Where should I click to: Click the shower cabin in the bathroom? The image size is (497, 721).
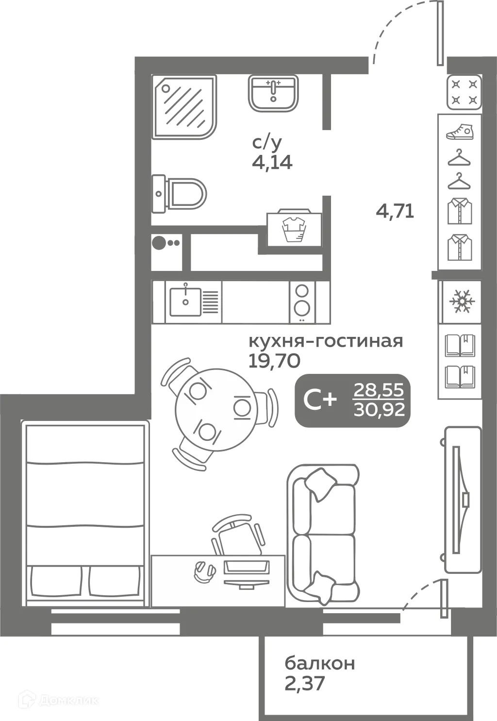point(184,107)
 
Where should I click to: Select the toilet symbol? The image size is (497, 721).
point(179,194)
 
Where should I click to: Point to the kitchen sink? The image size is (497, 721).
point(185,302)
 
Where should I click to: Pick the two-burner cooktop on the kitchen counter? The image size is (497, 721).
point(302,302)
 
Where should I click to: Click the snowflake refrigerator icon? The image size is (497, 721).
point(462,301)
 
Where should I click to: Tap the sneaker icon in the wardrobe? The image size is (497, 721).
point(460,132)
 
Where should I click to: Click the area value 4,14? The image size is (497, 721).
point(272,163)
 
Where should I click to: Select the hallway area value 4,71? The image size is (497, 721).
point(395,212)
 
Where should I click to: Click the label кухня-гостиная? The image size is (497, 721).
point(326,341)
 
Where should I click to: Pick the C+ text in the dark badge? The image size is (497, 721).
point(320,401)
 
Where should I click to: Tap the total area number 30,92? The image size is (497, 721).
point(379,410)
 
